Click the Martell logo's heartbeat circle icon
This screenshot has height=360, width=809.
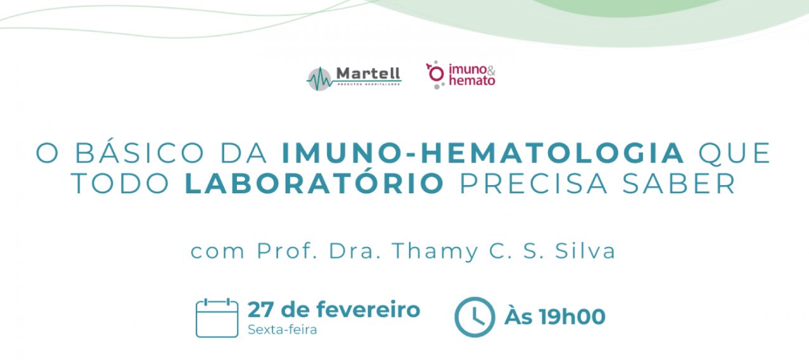(x=319, y=79)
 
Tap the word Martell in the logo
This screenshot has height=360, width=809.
(x=368, y=74)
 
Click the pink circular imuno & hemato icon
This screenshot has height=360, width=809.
(x=436, y=74)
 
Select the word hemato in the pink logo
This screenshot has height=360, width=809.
(x=472, y=80)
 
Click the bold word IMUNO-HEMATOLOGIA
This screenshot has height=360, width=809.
(x=483, y=153)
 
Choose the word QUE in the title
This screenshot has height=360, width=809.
(x=735, y=153)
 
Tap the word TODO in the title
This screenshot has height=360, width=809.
(x=120, y=184)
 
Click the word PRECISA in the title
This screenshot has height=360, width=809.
(x=533, y=184)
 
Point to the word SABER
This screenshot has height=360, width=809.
(x=679, y=184)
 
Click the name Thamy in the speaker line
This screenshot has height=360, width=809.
(x=435, y=252)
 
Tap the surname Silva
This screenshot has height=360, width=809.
(x=585, y=251)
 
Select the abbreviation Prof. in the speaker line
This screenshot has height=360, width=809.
(x=287, y=251)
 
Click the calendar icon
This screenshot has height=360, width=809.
(x=217, y=318)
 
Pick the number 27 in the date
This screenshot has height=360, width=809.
(x=260, y=310)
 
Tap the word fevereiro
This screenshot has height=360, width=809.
(x=368, y=309)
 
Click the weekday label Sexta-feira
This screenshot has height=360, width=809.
(x=283, y=330)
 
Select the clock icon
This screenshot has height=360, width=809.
(x=475, y=317)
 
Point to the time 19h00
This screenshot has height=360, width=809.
(x=573, y=317)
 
